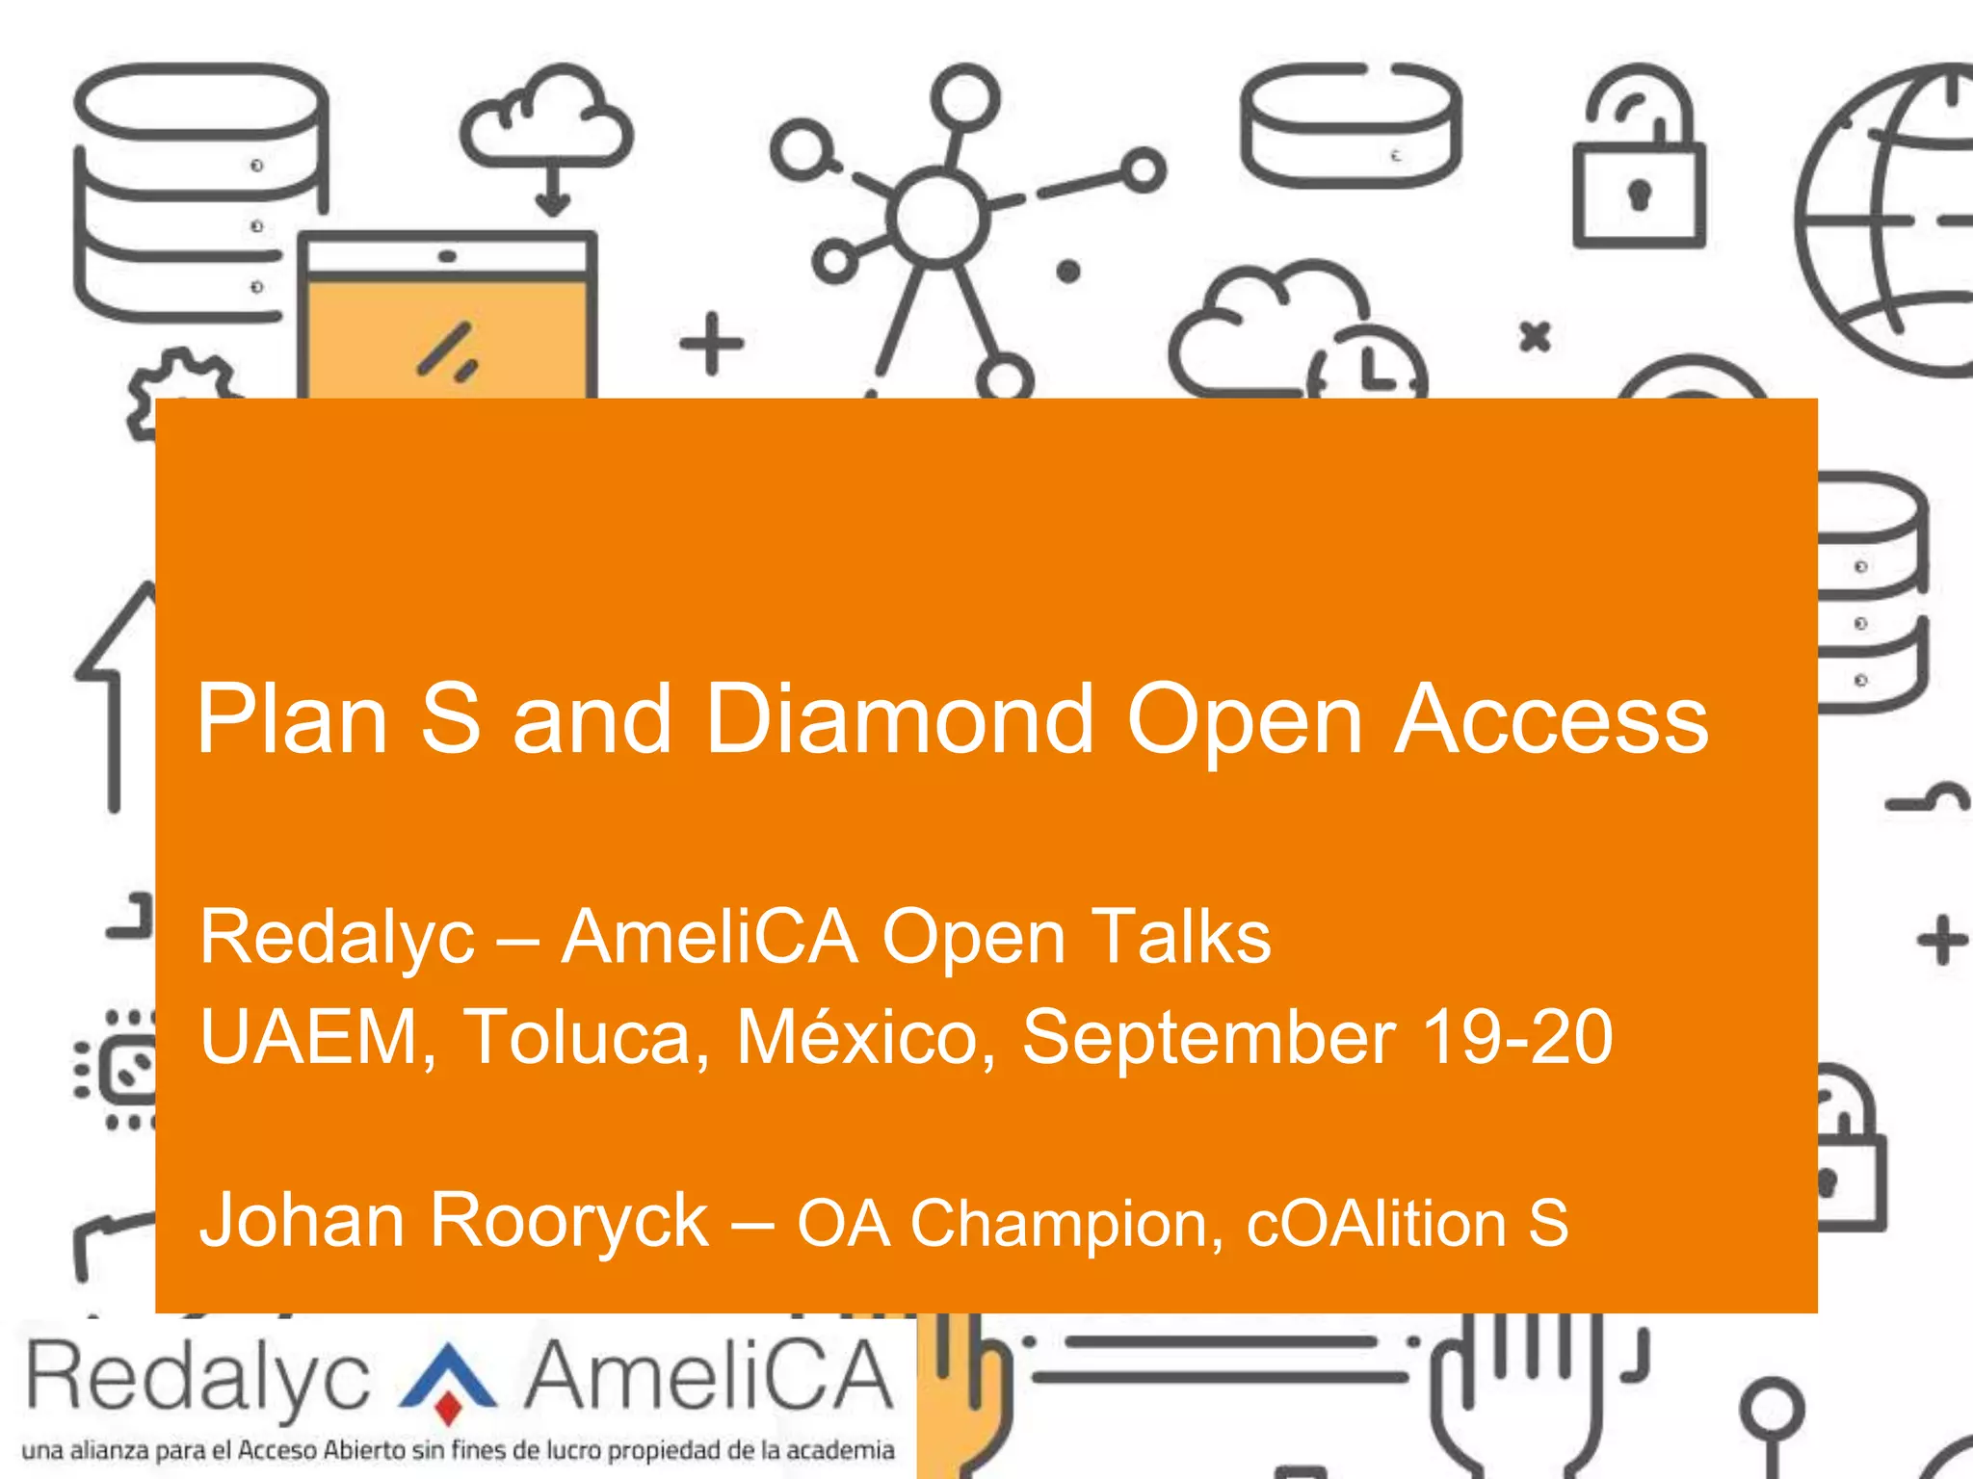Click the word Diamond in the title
[900, 719]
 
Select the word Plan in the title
[291, 719]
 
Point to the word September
[1208, 1038]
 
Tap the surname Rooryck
[568, 1221]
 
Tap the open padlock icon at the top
[1639, 159]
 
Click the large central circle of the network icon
[937, 217]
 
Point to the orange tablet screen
[446, 337]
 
